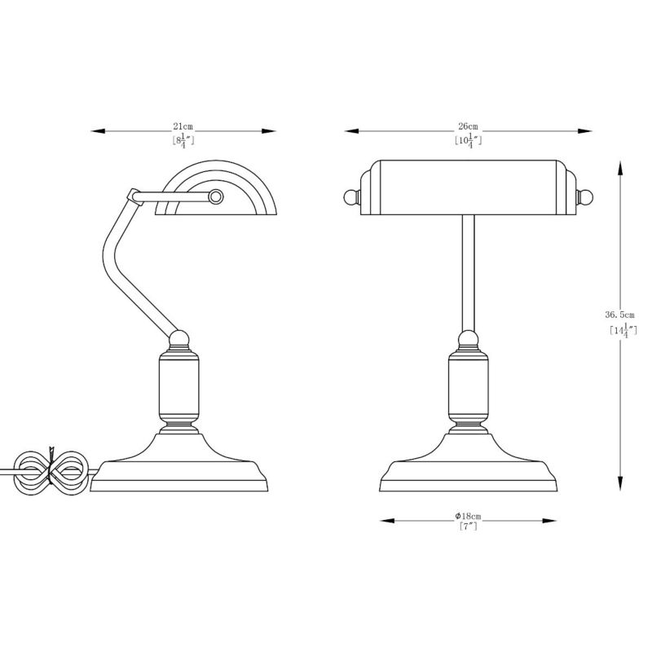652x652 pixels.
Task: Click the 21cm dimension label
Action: click(183, 126)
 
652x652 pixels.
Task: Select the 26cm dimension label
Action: click(468, 126)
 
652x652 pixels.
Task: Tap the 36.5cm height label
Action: click(619, 314)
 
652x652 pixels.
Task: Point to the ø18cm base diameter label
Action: click(468, 516)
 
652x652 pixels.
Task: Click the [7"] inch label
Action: click(468, 527)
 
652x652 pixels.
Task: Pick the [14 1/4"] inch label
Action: click(622, 331)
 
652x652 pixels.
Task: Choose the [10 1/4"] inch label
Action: click(468, 140)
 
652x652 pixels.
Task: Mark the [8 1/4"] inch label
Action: click(183, 140)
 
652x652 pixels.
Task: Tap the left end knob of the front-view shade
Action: click(350, 196)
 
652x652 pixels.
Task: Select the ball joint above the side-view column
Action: click(179, 336)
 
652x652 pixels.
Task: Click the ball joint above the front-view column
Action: click(468, 338)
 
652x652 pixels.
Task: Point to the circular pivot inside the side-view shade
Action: click(216, 196)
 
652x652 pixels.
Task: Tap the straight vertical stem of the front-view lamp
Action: click(468, 269)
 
